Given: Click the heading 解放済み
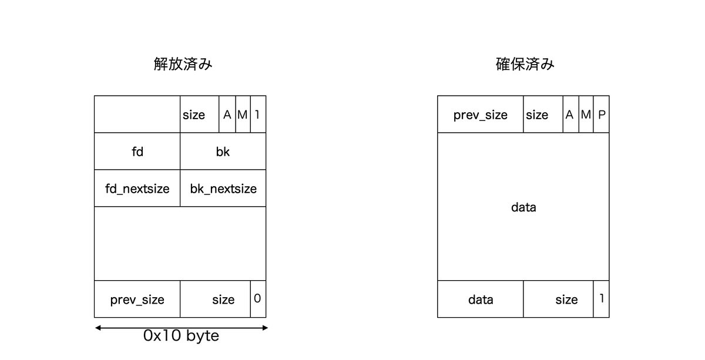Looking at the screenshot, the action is (x=183, y=64).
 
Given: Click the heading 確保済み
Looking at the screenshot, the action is (x=525, y=64).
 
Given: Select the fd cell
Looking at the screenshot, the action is (x=137, y=152).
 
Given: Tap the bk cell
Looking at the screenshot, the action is (x=223, y=152).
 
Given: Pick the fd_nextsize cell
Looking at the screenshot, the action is (x=137, y=188).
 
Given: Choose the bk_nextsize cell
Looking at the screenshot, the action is (x=223, y=188).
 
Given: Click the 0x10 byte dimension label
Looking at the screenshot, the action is (x=181, y=336).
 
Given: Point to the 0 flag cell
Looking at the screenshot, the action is (x=258, y=299).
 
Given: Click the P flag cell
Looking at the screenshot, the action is (x=601, y=115).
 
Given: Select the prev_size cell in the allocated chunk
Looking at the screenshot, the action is (x=481, y=115).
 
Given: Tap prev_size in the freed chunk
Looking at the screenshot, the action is (x=137, y=299).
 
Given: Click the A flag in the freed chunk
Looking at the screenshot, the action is (x=227, y=115).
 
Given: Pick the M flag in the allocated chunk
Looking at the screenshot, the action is (x=586, y=115).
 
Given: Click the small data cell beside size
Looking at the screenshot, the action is (x=481, y=299).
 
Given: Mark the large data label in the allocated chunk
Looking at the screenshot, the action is (x=523, y=207).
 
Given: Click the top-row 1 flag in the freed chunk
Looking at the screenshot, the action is (x=258, y=115).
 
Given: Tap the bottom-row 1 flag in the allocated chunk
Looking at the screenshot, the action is (x=601, y=299).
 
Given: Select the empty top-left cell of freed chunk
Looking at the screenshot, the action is (x=137, y=115).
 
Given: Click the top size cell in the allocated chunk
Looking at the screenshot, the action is (x=543, y=115).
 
